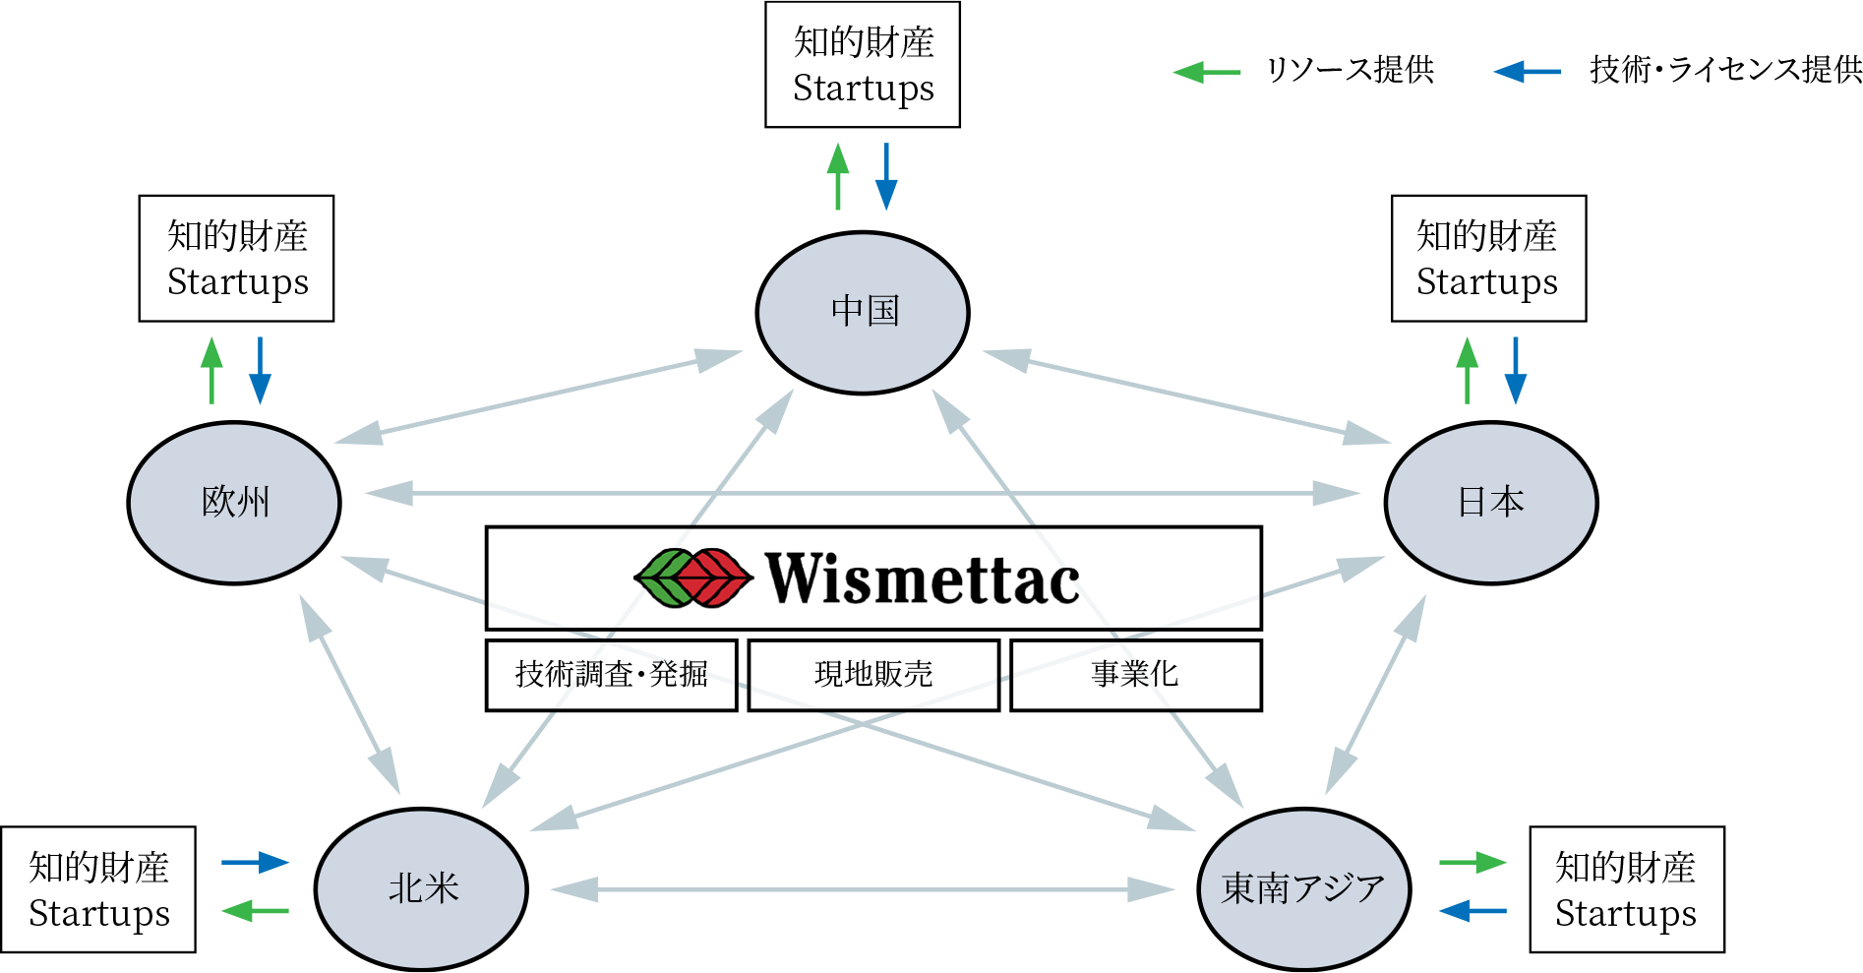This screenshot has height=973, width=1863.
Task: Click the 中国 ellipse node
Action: pos(863,312)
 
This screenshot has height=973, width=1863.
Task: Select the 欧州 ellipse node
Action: pos(234,503)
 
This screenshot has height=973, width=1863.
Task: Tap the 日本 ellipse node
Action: pos(1490,503)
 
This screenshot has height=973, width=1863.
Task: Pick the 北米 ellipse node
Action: pos(421,889)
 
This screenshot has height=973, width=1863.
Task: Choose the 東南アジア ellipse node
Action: pos(1304,889)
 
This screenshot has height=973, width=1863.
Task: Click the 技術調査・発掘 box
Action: pos(611,675)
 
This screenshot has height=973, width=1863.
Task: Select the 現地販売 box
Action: pos(873,675)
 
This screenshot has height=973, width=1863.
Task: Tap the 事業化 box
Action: pos(1135,675)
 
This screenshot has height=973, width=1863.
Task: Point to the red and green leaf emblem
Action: pos(692,578)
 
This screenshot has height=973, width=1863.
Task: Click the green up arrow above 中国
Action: pos(838,176)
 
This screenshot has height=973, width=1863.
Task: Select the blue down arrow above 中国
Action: pos(886,177)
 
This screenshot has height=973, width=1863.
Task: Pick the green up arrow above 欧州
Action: pos(211,370)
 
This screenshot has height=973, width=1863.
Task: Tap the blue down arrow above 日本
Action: pos(1516,371)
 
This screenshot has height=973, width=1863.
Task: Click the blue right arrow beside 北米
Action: pos(256,863)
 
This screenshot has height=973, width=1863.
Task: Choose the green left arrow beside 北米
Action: pos(255,911)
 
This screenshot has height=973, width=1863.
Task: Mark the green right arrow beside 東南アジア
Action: pos(1472,863)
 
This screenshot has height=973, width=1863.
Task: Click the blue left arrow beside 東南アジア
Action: pos(1472,911)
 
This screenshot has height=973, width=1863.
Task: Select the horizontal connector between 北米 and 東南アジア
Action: pos(862,889)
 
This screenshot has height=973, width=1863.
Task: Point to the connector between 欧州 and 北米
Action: pos(350,695)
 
